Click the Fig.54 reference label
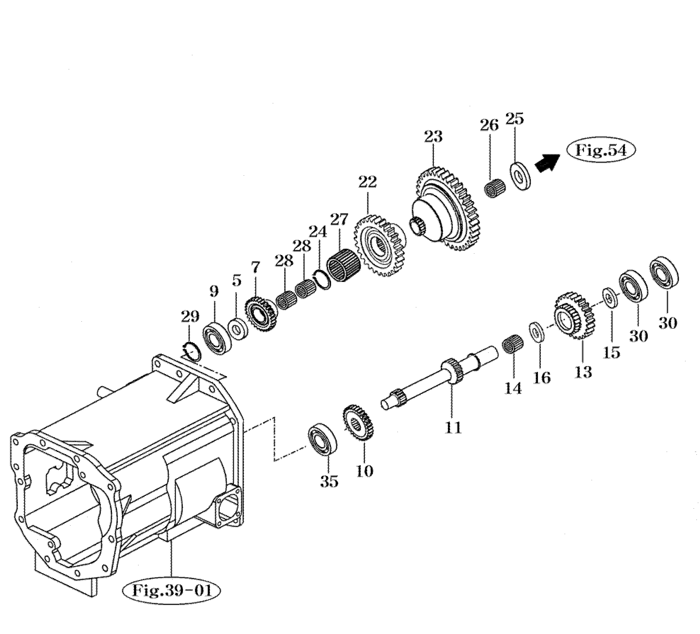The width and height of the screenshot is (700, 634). (x=601, y=151)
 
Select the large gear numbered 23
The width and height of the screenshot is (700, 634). (x=447, y=209)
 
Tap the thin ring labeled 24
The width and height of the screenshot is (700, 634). (x=322, y=279)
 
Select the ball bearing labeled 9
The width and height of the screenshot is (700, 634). (x=217, y=338)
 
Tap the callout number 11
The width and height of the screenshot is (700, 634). (x=453, y=428)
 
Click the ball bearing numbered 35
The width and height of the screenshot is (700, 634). (x=322, y=438)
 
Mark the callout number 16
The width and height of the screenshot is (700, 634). (x=542, y=378)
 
